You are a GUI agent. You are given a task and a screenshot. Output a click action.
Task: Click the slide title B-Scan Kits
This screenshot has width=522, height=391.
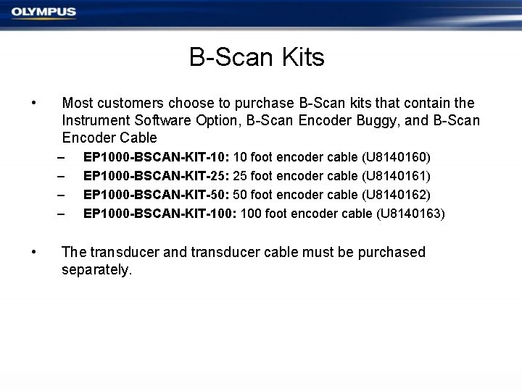[x=257, y=57]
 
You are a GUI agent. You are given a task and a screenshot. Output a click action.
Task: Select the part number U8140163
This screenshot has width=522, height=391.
[x=408, y=214]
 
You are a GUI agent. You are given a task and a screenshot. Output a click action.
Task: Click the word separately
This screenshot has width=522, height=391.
[x=96, y=271]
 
